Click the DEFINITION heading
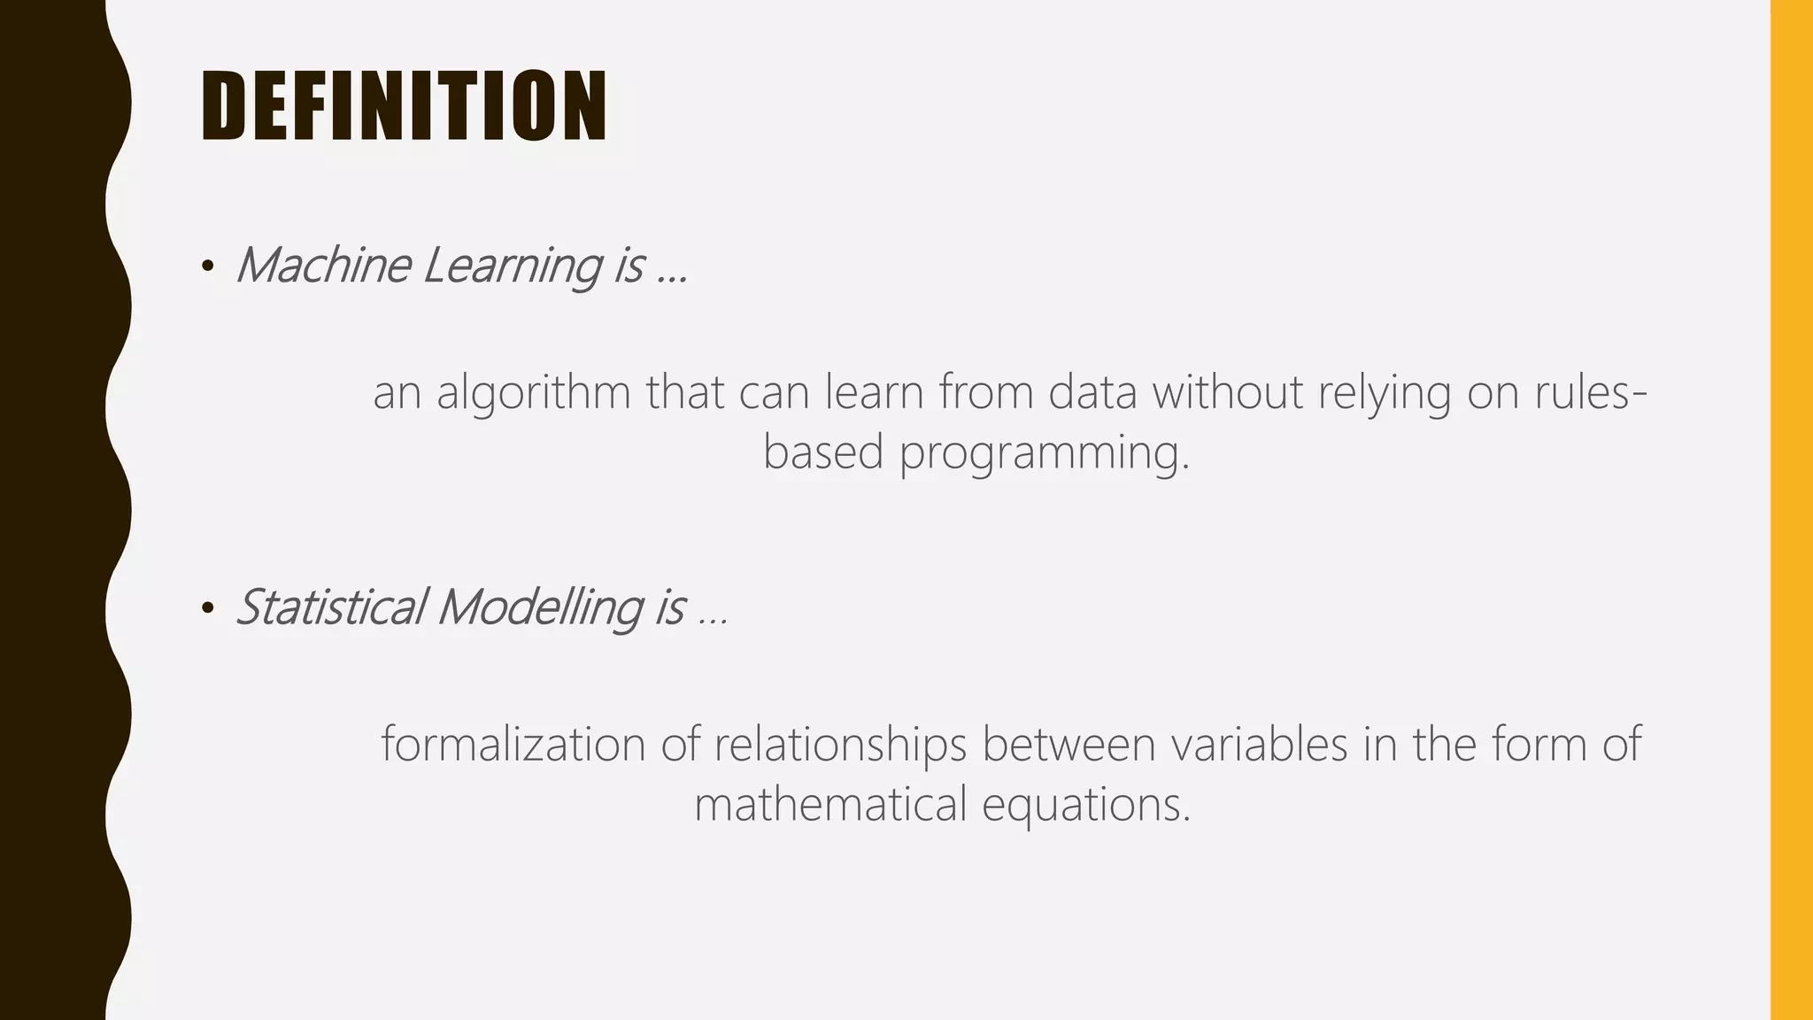404,106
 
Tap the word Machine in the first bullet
323,265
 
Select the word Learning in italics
512,266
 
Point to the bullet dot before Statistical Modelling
208,608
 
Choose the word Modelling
539,607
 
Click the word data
1092,392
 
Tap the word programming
1045,453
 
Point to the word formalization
513,744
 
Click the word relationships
840,744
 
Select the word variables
1260,744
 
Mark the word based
823,452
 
